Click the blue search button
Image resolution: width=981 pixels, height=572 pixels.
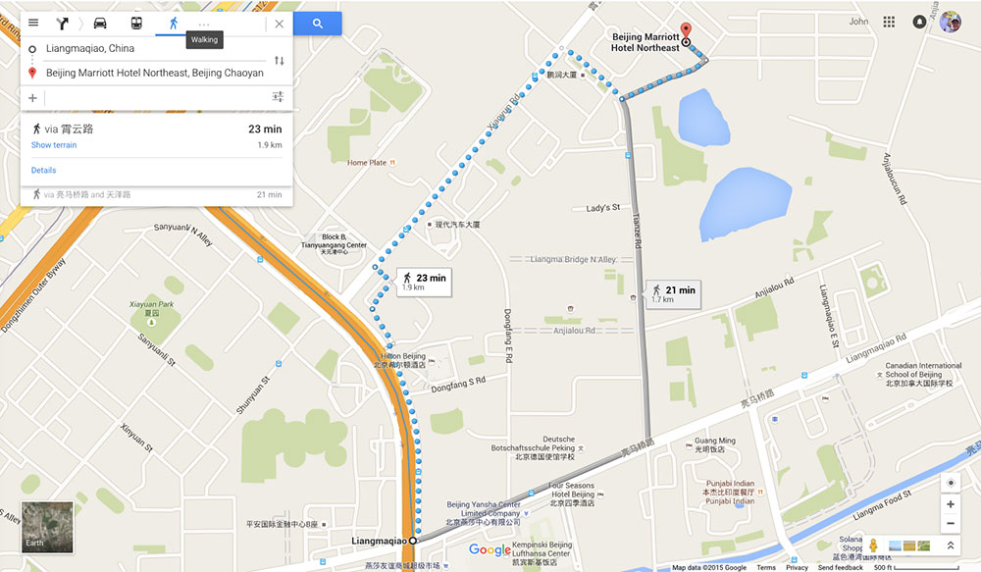point(317,24)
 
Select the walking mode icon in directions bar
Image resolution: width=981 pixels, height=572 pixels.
point(173,24)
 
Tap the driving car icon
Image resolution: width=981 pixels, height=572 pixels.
point(100,24)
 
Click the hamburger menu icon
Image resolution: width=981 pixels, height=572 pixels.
point(33,24)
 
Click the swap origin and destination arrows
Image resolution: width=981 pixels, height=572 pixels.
point(279,61)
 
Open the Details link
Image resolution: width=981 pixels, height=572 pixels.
point(43,171)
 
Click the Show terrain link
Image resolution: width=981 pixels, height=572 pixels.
point(54,145)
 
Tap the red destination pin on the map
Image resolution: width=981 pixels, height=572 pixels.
point(686,30)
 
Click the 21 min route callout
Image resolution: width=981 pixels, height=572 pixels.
point(673,293)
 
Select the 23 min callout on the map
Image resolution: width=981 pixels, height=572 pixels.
point(424,282)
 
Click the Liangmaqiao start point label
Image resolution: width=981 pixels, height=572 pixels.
point(379,541)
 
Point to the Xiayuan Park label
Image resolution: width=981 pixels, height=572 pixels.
point(151,305)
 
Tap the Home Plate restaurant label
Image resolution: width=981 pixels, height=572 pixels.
point(368,163)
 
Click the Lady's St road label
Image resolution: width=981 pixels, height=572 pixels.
point(603,208)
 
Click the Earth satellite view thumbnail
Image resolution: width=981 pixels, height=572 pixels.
point(47,526)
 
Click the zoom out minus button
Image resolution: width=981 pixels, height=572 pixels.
point(950,523)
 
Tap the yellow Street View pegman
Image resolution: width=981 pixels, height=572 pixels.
point(872,546)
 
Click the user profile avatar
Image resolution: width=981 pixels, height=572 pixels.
point(950,22)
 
